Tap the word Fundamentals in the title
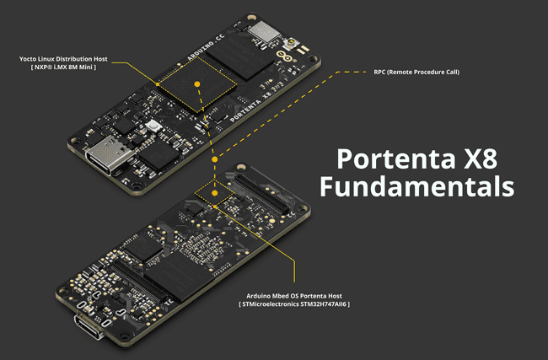[416, 186]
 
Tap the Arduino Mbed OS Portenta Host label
[294, 295]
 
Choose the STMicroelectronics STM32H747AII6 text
[294, 304]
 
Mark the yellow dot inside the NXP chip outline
[196, 84]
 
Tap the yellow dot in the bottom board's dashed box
[216, 193]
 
